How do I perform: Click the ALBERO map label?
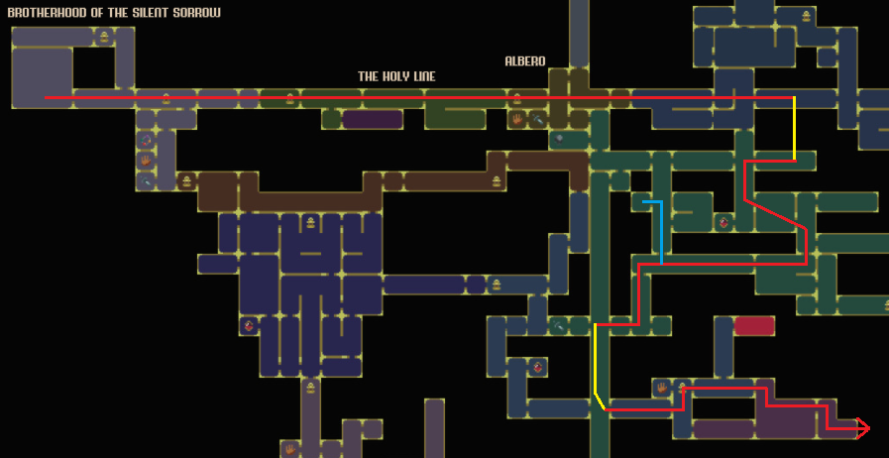pyautogui.click(x=525, y=61)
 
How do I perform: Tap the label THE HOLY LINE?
pyautogui.click(x=396, y=76)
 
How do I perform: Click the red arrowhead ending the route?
pyautogui.click(x=862, y=428)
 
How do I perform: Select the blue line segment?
pyautogui.click(x=660, y=233)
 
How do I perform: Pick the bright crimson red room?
pyautogui.click(x=754, y=325)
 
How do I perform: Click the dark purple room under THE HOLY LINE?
pyautogui.click(x=372, y=119)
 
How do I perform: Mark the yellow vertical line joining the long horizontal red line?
pyautogui.click(x=794, y=129)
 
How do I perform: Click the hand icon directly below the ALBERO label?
pyautogui.click(x=517, y=119)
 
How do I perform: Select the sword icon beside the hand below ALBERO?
pyautogui.click(x=537, y=119)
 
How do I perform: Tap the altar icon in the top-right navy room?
pyautogui.click(x=807, y=16)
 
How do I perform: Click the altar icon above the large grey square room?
pyautogui.click(x=104, y=38)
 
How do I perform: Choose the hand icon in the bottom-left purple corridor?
pyautogui.click(x=290, y=449)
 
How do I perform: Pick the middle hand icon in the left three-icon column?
pyautogui.click(x=146, y=161)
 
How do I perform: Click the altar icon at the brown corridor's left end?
pyautogui.click(x=186, y=181)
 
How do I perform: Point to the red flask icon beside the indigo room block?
pyautogui.click(x=249, y=324)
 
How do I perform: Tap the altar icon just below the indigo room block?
pyautogui.click(x=310, y=387)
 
